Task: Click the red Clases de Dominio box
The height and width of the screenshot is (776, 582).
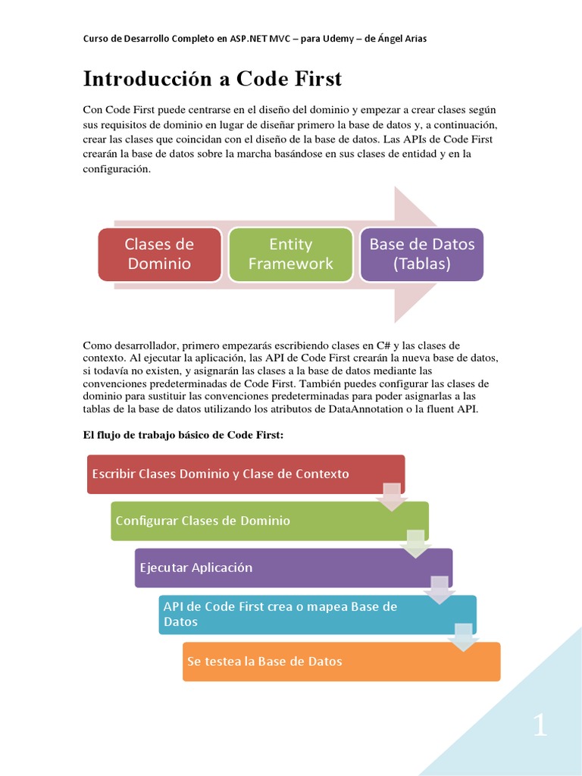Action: [x=159, y=254]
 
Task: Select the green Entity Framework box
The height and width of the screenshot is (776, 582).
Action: [x=290, y=254]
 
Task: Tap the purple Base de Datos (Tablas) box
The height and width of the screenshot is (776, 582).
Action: [x=421, y=254]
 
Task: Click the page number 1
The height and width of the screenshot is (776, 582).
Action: [x=539, y=725]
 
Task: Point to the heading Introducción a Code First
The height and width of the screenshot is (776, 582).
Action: [x=212, y=79]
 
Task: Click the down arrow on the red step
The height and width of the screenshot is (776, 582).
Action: [x=392, y=496]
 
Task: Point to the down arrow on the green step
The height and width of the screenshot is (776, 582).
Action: [x=415, y=543]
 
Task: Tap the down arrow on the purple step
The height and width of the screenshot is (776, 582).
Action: [x=440, y=590]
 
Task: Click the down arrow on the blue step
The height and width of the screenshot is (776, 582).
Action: [x=463, y=637]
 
